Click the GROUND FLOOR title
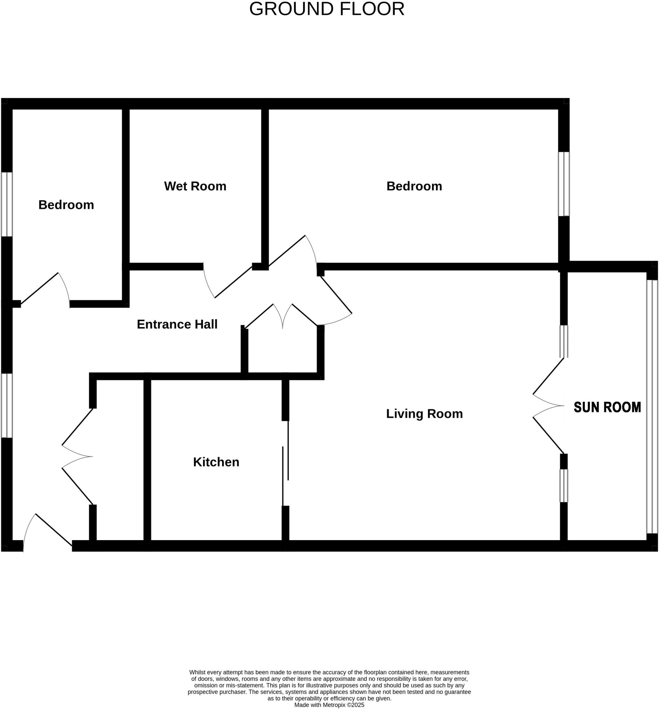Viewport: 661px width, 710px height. (x=327, y=9)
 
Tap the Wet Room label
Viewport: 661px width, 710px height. (x=195, y=186)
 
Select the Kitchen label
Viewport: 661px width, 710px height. (x=216, y=462)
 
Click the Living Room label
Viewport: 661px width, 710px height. (x=424, y=414)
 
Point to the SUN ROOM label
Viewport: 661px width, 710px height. (x=607, y=407)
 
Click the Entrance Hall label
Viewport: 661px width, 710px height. (x=177, y=324)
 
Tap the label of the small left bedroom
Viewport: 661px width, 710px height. (x=66, y=205)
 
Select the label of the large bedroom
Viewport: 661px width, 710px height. (x=414, y=186)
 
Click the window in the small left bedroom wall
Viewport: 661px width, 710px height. (x=7, y=204)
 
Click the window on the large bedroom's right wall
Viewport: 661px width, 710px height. (x=563, y=184)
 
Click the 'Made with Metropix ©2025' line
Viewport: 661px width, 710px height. (x=329, y=705)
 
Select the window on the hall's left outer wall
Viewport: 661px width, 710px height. (x=7, y=405)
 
